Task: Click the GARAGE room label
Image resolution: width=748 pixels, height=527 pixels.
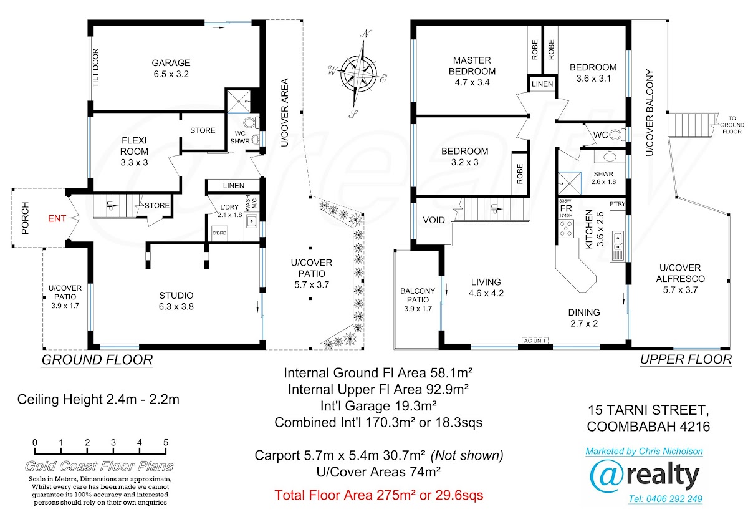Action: point(171,63)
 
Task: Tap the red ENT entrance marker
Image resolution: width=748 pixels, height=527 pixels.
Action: point(57,218)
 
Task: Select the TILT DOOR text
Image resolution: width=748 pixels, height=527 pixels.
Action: point(96,68)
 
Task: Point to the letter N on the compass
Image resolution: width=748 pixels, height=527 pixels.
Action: point(366,34)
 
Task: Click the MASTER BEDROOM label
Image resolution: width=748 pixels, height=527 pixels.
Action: point(472,66)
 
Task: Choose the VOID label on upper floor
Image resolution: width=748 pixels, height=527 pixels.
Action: point(434,220)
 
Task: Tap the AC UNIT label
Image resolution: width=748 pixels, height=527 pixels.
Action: point(535,341)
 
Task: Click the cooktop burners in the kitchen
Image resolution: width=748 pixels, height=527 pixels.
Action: point(566,229)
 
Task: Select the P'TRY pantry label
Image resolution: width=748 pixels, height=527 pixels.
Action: point(617,204)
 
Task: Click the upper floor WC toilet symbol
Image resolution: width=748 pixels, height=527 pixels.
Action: point(616,135)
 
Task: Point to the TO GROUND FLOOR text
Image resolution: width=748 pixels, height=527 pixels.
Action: point(732,125)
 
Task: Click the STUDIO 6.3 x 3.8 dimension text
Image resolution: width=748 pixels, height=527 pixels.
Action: point(176,306)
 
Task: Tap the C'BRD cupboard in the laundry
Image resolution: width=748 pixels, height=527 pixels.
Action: point(219,233)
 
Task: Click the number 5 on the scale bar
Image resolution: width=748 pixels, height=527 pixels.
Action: point(166,442)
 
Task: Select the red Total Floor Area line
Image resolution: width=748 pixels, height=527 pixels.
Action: point(379,495)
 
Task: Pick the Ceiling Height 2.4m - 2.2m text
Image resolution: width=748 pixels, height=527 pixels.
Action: point(98,399)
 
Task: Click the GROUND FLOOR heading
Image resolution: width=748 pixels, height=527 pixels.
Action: point(97,360)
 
